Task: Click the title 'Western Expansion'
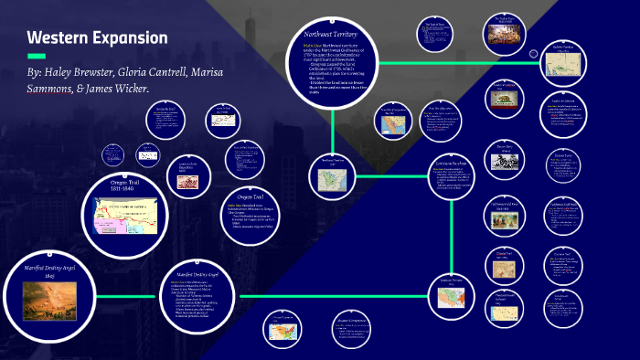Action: click(x=97, y=38)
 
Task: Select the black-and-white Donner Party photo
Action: click(x=503, y=162)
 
